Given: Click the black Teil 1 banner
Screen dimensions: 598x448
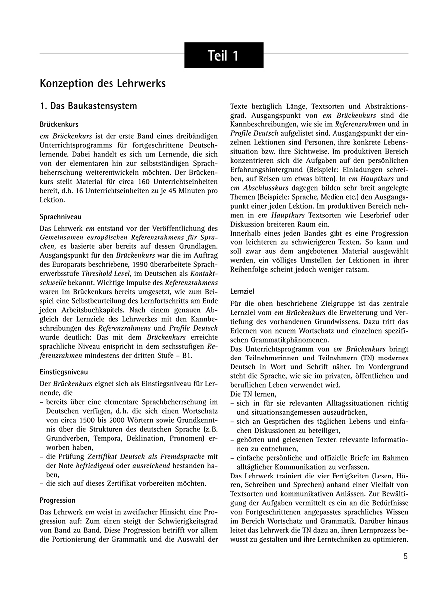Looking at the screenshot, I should click(x=224, y=55).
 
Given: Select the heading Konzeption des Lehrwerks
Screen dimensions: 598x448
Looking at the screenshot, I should click(x=103, y=83).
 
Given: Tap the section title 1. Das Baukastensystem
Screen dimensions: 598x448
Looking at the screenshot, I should click(x=88, y=106).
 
